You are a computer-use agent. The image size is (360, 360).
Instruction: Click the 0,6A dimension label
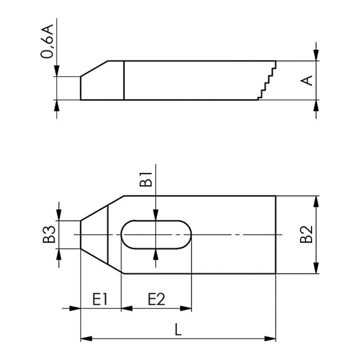coord(47,41)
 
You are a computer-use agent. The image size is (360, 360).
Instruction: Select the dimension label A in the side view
coord(306,80)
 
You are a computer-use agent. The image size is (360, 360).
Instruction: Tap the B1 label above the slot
coord(146,179)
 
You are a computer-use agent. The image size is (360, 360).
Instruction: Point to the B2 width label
coord(306,234)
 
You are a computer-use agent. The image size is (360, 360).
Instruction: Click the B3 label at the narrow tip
coord(49,234)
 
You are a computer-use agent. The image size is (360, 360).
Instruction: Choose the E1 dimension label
coord(100,299)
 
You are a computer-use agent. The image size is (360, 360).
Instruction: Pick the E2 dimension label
coord(156,299)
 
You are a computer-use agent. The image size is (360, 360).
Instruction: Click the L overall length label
coord(178,329)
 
